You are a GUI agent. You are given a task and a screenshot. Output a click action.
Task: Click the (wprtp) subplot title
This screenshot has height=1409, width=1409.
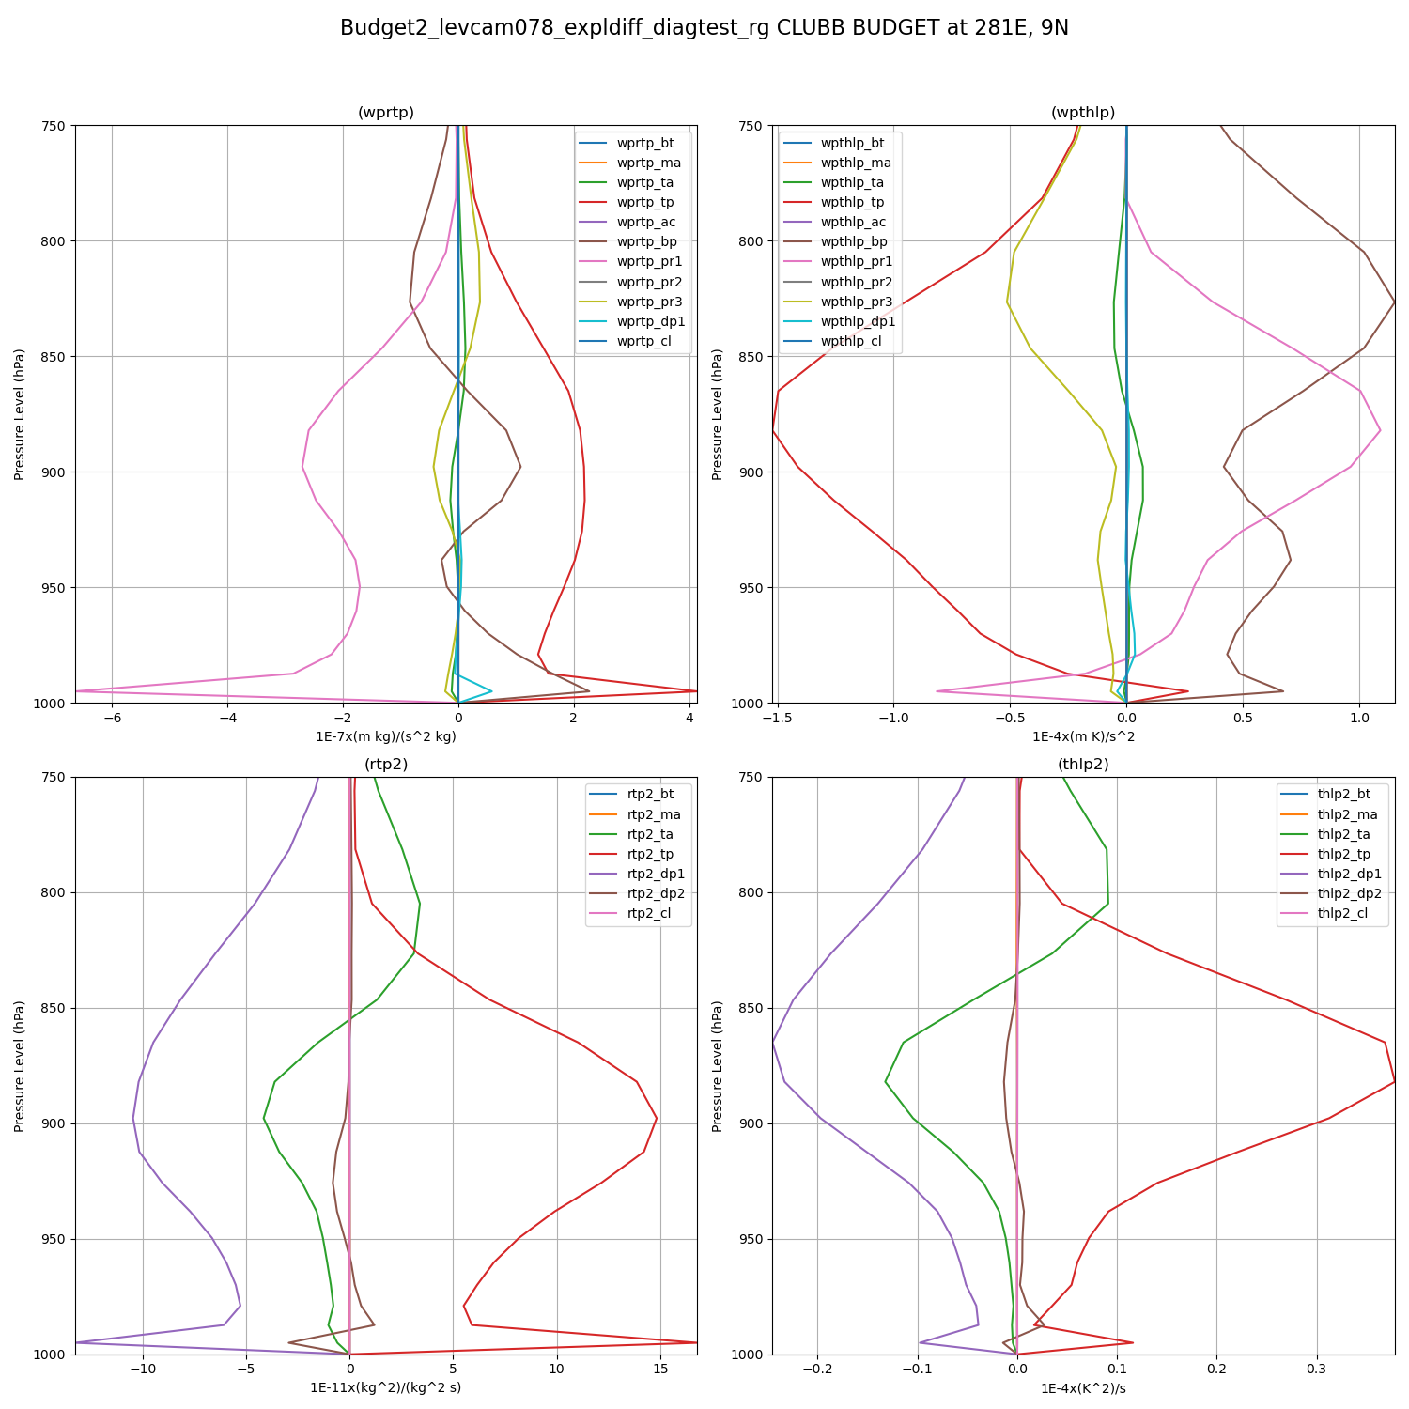[x=385, y=113]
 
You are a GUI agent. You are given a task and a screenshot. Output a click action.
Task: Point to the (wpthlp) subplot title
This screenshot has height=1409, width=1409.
[x=1083, y=113]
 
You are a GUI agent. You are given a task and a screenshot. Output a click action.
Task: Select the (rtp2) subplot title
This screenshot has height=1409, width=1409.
[x=385, y=765]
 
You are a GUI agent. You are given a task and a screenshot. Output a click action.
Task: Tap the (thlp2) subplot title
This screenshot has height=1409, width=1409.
[x=1083, y=765]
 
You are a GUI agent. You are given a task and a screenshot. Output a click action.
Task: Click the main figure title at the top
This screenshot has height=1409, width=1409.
[x=704, y=28]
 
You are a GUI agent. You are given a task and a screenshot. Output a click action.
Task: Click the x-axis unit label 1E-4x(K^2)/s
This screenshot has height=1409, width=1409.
[x=1083, y=1388]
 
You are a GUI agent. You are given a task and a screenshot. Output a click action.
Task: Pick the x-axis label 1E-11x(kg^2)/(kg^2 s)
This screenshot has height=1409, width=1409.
[x=385, y=1388]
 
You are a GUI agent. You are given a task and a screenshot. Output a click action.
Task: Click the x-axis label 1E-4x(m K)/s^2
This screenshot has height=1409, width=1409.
[x=1083, y=736]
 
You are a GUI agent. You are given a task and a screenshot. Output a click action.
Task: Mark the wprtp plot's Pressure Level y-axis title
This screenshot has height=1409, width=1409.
[x=20, y=414]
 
